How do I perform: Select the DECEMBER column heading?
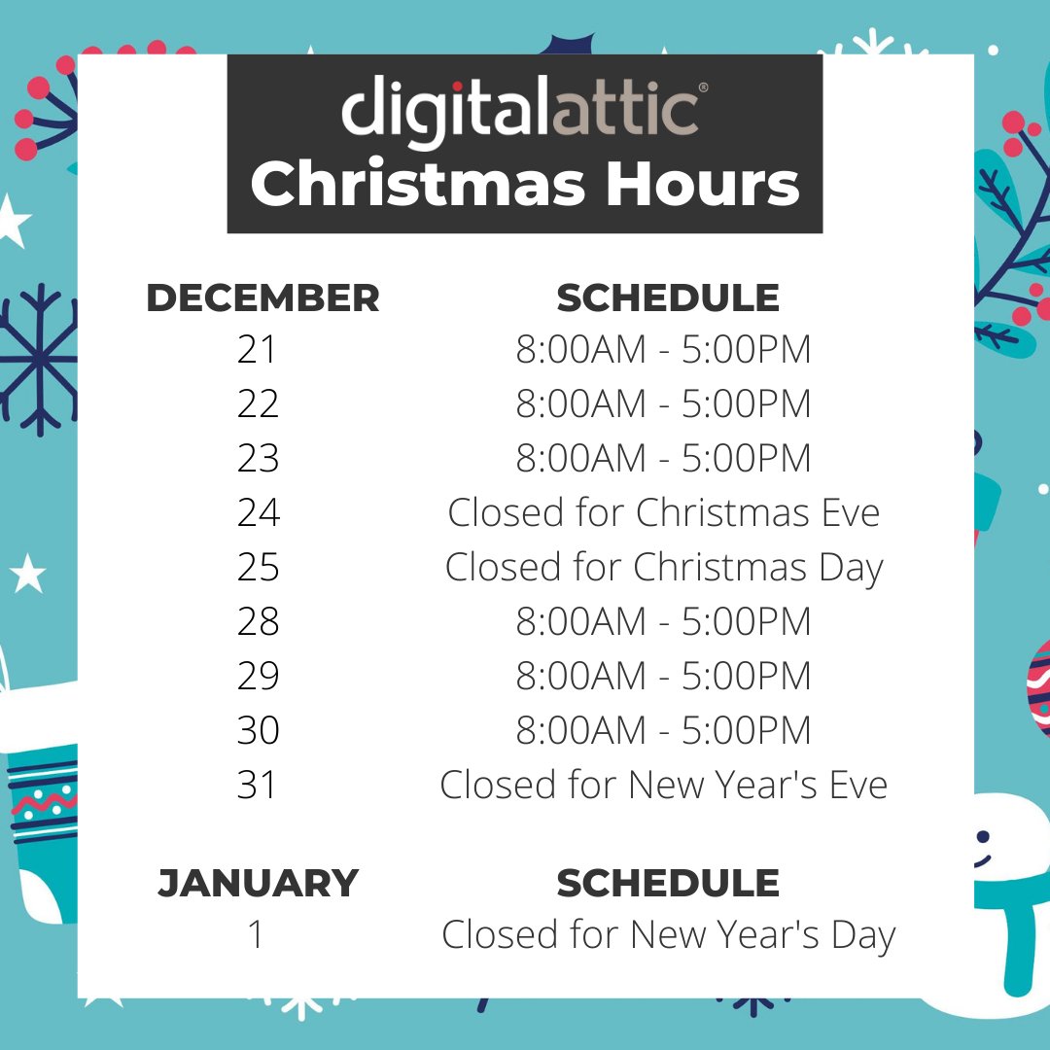tap(262, 298)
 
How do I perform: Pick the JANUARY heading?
tap(258, 883)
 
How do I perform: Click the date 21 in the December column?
tap(258, 350)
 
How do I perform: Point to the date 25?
tap(258, 567)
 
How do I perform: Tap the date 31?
tap(258, 785)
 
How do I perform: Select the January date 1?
tap(256, 935)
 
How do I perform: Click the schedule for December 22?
tap(663, 404)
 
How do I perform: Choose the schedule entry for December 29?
tap(663, 676)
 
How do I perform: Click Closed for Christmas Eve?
tap(663, 512)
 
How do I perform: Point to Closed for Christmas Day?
tap(663, 568)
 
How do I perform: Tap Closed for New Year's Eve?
tap(663, 785)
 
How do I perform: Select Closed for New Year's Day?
tap(668, 935)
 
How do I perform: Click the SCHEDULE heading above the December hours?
tap(668, 298)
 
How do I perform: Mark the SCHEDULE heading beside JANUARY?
tap(668, 883)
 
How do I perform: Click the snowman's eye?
tap(983, 836)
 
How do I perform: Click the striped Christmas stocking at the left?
tap(44, 817)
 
